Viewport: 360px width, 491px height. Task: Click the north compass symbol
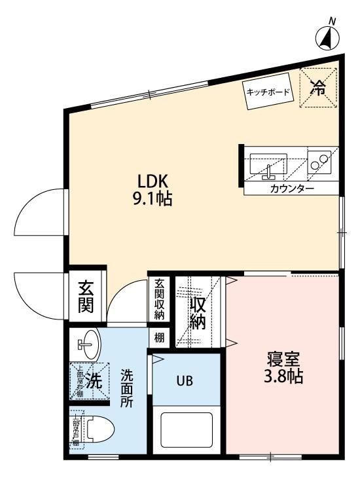point(327,38)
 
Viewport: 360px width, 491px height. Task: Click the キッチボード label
point(268,92)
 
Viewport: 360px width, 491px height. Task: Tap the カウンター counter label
point(292,189)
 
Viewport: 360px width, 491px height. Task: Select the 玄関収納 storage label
point(160,300)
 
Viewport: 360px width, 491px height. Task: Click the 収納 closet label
point(199,313)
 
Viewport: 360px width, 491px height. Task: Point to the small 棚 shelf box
point(160,338)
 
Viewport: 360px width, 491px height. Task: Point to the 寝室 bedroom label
point(283,359)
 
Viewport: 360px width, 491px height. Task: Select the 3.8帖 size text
point(283,378)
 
